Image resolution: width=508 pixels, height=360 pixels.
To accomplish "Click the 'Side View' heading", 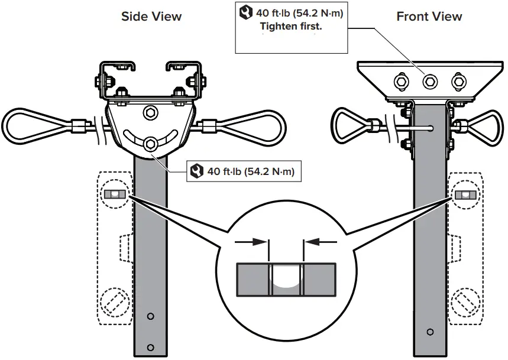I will (151, 16).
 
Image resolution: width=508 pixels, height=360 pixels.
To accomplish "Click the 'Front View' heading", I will (429, 16).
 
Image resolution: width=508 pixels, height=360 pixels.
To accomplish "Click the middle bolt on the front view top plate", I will (429, 80).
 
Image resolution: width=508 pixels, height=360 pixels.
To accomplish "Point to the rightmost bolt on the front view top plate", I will (457, 80).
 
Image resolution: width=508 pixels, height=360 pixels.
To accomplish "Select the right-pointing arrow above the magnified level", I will (252, 241).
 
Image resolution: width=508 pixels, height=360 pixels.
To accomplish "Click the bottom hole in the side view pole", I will (151, 347).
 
